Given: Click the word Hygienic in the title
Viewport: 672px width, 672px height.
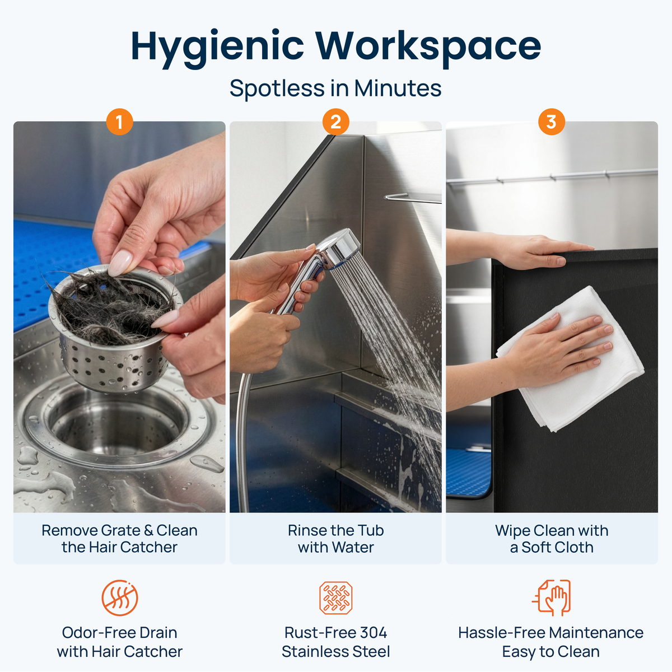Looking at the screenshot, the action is pos(217,48).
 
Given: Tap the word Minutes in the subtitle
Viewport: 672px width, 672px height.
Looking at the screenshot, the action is pos(398,88).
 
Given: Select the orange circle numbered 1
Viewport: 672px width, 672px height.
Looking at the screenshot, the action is pos(120,122).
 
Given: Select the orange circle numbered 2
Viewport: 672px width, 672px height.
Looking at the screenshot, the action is pos(336,122).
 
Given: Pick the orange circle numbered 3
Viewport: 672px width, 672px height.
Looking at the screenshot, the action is pos(552,122).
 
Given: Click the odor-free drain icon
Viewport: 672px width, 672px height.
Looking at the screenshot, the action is pos(120,598).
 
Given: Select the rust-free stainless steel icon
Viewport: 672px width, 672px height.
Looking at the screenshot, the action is pos(336,598).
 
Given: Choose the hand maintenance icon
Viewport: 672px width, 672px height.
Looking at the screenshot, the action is pos(552,598).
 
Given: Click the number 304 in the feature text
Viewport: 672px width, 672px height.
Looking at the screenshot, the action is pos(374,633).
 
